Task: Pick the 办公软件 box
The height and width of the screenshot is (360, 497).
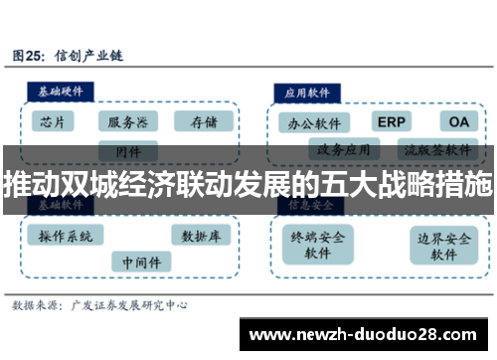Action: point(314,123)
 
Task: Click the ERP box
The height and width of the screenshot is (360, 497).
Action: point(393,121)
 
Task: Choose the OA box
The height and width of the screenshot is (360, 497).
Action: point(458,121)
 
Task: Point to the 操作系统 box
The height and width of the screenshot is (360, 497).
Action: point(66,236)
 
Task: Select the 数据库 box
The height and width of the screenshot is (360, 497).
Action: point(202,236)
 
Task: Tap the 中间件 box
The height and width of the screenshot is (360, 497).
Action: point(140,262)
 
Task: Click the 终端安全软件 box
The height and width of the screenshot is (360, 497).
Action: point(317,246)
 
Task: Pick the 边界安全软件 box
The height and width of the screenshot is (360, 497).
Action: point(444,246)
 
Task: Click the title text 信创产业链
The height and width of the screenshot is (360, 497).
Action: point(89,56)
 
